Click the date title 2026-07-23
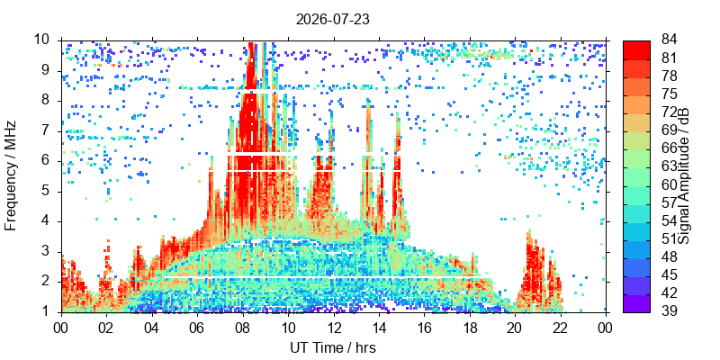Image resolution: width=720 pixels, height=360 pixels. [x=333, y=20]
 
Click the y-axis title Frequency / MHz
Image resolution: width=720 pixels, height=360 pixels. [x=10, y=175]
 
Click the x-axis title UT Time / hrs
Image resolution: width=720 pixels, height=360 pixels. [x=333, y=347]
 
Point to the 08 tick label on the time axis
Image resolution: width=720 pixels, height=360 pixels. [x=242, y=328]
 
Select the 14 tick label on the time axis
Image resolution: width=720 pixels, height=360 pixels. [x=379, y=328]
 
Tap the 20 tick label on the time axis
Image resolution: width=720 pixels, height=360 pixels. [x=515, y=328]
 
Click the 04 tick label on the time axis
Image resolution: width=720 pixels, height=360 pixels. [x=152, y=328]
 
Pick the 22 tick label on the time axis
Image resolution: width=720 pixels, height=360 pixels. [x=560, y=328]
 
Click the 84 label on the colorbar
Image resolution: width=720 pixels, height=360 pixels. [x=669, y=40]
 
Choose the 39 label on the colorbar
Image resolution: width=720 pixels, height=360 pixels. [x=669, y=310]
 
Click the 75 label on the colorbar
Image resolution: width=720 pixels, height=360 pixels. [x=669, y=94]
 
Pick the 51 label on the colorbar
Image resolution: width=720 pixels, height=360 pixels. [x=669, y=238]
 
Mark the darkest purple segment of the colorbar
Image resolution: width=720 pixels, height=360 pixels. [x=636, y=303]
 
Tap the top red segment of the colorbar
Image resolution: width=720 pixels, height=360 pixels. [x=636, y=50]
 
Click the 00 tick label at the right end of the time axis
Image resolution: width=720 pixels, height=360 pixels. [x=606, y=328]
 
